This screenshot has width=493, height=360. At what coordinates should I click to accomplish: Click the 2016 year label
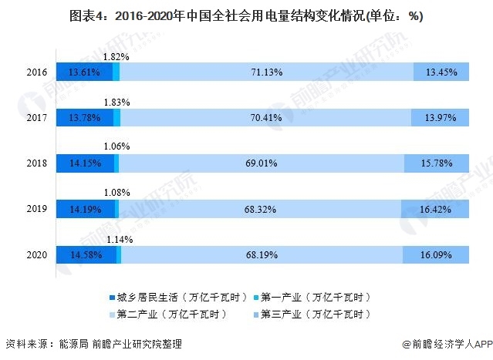pos(36,72)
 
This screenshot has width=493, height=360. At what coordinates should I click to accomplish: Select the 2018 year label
pos(36,163)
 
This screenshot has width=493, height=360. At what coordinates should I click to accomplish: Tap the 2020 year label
pos(36,255)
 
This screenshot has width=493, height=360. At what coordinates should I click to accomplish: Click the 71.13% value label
pos(266,72)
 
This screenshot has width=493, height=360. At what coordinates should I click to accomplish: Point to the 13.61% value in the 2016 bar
pos(83,72)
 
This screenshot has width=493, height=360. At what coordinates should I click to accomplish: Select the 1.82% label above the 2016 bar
pos(116,56)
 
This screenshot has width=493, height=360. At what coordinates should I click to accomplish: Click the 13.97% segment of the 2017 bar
pos(441,117)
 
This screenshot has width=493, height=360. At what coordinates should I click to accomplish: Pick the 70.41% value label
pos(266,117)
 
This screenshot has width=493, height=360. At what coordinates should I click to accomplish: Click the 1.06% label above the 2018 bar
pos(116,146)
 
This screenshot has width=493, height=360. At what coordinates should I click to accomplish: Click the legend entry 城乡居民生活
pos(177,297)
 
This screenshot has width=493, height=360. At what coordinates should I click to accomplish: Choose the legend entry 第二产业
pos(177,314)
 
